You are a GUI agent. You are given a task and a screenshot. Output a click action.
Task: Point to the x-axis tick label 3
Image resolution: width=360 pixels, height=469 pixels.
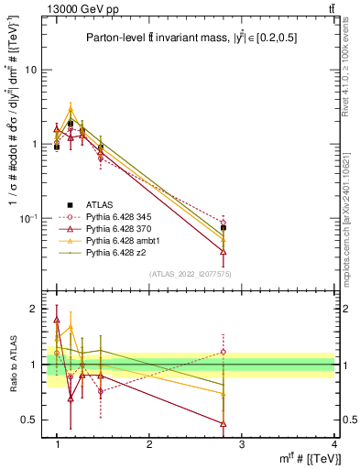[x=242, y=445]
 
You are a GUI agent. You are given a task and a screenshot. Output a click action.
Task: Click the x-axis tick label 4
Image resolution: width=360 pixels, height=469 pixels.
[x=333, y=445]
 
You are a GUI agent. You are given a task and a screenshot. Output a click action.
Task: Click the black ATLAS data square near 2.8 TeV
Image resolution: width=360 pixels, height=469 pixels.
[x=224, y=227]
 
